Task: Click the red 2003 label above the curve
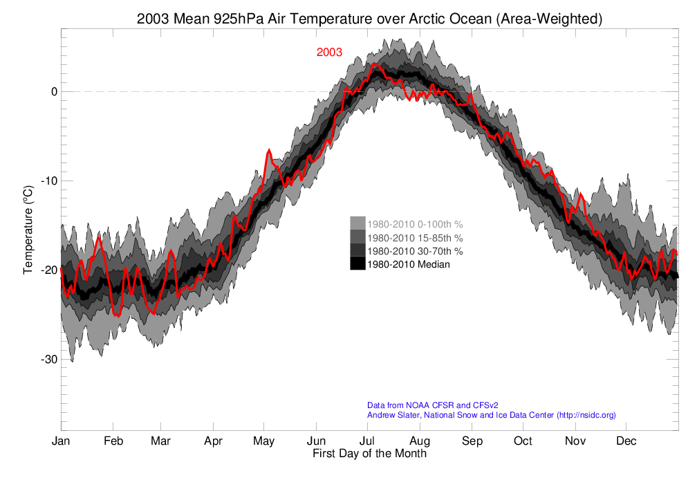(329, 53)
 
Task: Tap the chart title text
(369, 19)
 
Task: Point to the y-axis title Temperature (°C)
(28, 229)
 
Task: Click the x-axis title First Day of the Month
(369, 454)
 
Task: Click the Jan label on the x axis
(61, 441)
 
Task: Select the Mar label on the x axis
(160, 441)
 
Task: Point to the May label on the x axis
(263, 441)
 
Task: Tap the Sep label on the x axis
(472, 441)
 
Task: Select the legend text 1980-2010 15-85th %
(415, 237)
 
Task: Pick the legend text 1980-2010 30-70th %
(415, 250)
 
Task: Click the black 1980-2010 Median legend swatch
(357, 264)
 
